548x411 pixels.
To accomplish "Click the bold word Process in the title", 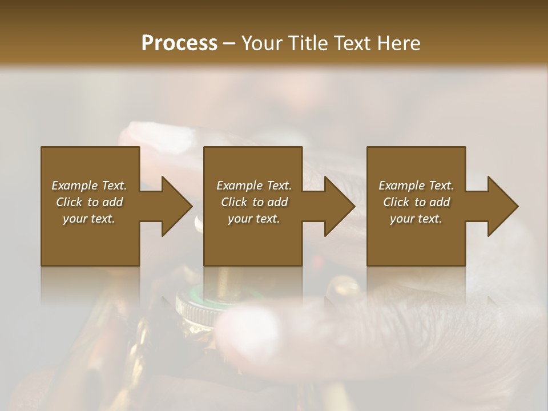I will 179,43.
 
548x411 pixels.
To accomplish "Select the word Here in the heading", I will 397,43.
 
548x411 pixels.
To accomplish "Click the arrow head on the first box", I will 177,206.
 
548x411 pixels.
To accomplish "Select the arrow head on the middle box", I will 340,206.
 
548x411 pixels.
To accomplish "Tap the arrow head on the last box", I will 503,206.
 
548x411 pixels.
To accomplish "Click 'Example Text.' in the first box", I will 89,186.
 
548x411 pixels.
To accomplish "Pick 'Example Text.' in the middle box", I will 254,186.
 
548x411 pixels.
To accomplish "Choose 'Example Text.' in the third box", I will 416,186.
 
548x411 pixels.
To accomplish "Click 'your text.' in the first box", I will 89,219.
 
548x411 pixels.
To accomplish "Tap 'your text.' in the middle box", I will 254,219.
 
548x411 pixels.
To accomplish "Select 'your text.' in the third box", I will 416,219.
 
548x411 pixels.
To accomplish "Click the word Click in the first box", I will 69,202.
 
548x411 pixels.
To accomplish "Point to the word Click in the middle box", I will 234,202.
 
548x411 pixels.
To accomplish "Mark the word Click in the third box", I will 396,202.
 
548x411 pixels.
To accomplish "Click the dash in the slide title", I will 229,43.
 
